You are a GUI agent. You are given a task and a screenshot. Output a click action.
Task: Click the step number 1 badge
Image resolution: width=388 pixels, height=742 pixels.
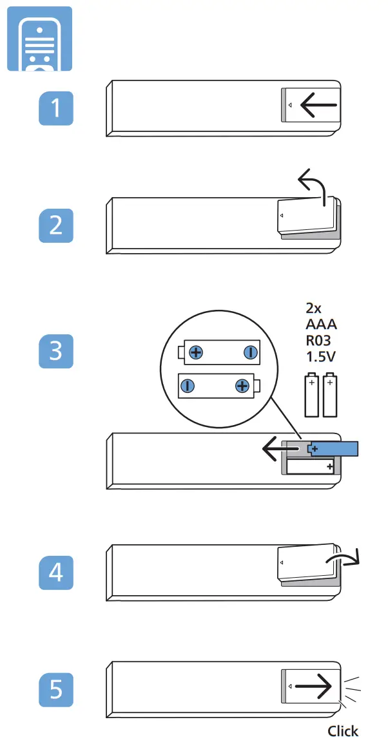coord(56,108)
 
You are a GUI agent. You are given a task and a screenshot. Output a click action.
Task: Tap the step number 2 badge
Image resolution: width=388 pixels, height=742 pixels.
coord(56,226)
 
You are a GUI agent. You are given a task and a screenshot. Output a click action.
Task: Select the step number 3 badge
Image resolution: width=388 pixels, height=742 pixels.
coord(56,351)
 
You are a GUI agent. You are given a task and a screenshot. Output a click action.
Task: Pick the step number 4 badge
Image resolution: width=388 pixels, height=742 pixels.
coord(56,572)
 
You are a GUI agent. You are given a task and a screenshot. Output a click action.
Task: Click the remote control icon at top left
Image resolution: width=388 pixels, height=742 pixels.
coord(39,39)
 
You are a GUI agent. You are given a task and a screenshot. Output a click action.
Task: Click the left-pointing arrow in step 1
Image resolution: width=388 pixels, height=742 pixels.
coord(318,105)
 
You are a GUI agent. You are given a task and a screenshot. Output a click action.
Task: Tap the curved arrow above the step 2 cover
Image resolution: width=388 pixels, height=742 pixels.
coord(313,187)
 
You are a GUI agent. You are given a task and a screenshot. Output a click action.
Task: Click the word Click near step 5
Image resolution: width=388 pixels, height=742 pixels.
coord(342,730)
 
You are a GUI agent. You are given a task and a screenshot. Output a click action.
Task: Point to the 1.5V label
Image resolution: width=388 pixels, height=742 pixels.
coord(321,356)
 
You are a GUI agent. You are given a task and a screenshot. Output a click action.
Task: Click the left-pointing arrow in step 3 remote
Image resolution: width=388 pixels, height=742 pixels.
coord(281,448)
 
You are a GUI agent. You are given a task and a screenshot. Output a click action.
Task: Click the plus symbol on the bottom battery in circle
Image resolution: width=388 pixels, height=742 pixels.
coord(242,386)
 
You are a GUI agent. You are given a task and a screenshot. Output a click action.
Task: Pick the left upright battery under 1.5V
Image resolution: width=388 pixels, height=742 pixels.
coord(312,395)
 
